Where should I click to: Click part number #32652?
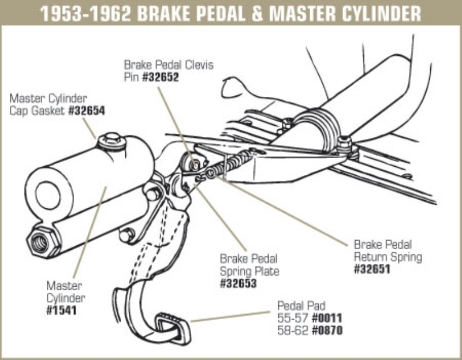pos(159,76)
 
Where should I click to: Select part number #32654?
pos(86,110)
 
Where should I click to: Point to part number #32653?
pos(237,283)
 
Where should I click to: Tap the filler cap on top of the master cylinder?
pos(110,140)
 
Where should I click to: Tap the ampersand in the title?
pos(250,13)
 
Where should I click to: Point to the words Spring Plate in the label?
pos(248,271)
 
